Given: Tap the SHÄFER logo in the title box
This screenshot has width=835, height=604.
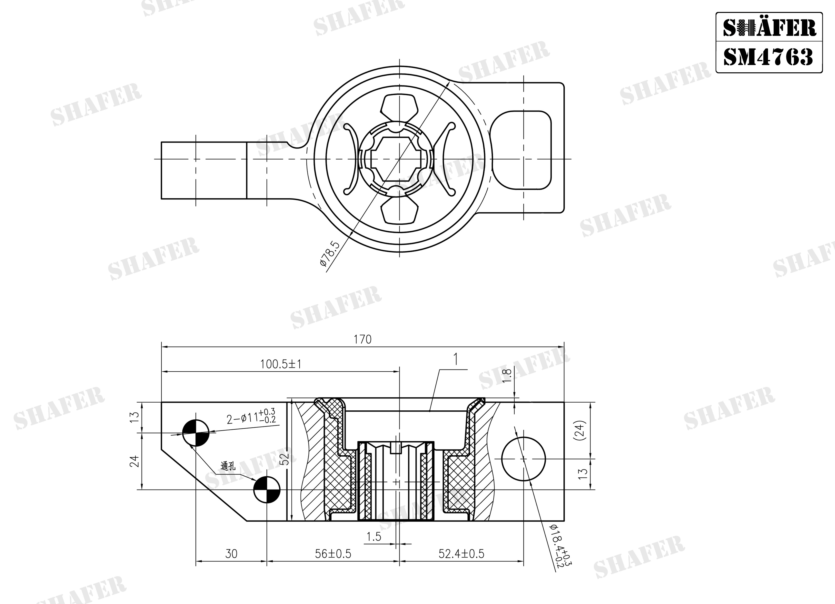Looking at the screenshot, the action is [769, 28].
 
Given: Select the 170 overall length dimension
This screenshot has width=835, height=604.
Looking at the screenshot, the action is [363, 339].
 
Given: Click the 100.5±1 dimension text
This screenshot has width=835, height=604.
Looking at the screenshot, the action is [281, 364].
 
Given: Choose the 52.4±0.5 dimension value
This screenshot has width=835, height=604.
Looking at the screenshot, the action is [461, 554].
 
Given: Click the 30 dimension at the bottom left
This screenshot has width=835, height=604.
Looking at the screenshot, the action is [231, 554].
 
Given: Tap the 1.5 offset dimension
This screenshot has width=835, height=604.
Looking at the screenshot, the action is [374, 537].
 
